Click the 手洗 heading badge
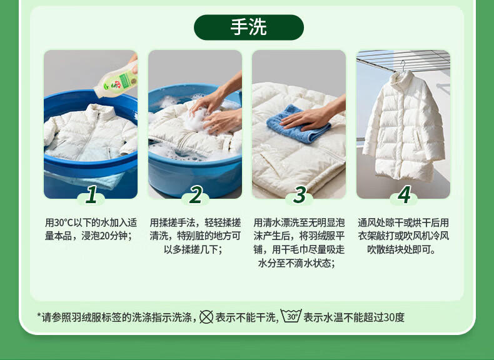(249, 27)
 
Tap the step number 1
(92, 194)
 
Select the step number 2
(196, 194)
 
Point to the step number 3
(300, 194)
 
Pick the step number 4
(404, 194)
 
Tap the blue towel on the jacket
(298, 124)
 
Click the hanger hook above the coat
(403, 66)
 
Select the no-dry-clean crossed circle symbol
(206, 317)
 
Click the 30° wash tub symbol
(291, 316)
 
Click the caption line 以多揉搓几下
(193, 249)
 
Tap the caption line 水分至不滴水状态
(296, 263)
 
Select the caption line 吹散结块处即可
(401, 249)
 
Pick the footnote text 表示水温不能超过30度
(354, 317)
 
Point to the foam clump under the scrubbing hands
(195, 121)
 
